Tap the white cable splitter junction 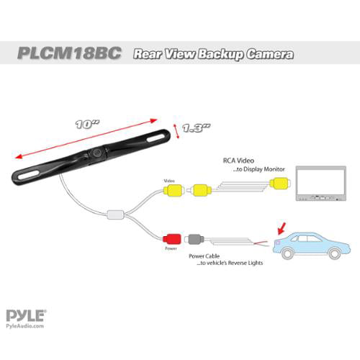[115, 214]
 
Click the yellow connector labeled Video [172, 192]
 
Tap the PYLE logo [26, 315]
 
